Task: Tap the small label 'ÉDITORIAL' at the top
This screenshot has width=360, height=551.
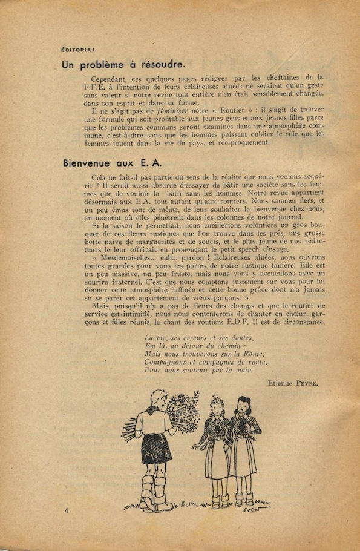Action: click(x=83, y=48)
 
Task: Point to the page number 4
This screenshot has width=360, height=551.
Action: click(x=67, y=511)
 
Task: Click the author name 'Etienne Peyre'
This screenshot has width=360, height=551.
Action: click(x=292, y=383)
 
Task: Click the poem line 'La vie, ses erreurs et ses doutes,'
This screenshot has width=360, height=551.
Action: click(x=199, y=337)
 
